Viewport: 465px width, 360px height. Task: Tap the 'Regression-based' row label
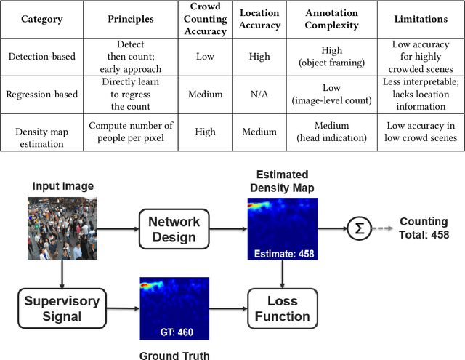(x=41, y=95)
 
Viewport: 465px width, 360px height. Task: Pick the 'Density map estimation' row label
(x=41, y=132)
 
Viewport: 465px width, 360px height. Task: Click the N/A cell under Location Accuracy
(x=259, y=95)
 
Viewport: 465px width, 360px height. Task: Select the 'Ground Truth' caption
(x=174, y=355)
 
